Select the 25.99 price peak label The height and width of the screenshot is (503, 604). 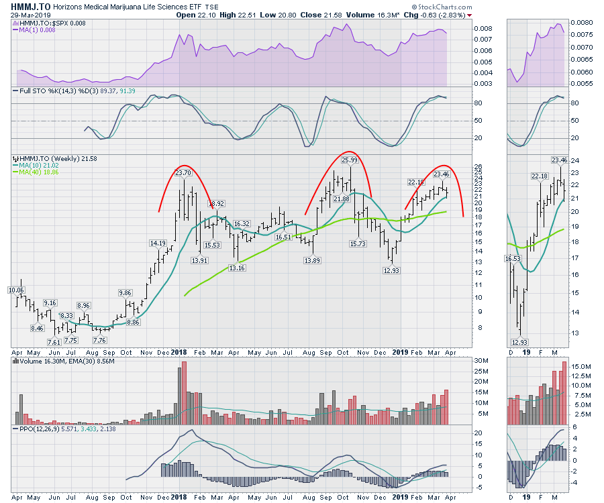pyautogui.click(x=349, y=160)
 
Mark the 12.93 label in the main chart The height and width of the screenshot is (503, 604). pyautogui.click(x=391, y=270)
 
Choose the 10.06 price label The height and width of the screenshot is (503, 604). pyautogui.click(x=16, y=290)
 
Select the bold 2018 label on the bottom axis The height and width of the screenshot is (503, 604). pyautogui.click(x=179, y=351)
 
